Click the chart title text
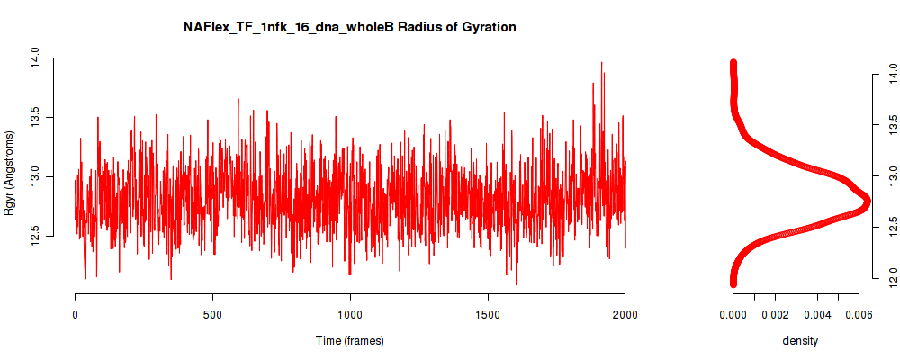[x=349, y=27]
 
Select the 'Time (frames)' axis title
[x=349, y=340]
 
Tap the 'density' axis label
[x=800, y=341]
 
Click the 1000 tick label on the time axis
[x=349, y=314]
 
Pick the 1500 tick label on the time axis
[x=487, y=314]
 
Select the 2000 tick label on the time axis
[x=625, y=314]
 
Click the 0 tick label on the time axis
[x=76, y=314]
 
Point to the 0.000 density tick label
[x=733, y=314]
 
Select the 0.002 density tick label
[x=775, y=314]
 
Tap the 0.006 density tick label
[x=859, y=314]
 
